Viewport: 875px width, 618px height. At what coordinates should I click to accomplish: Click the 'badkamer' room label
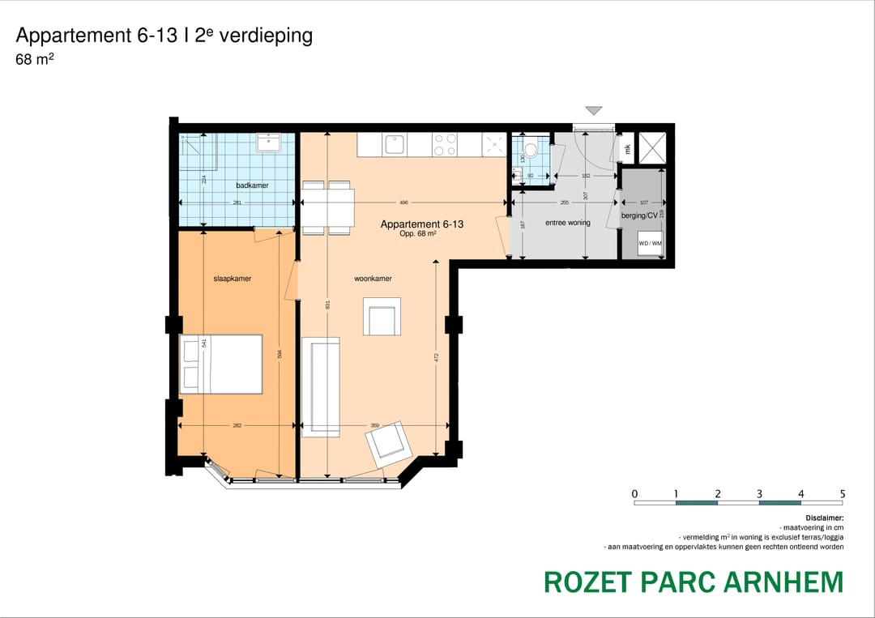pos(252,185)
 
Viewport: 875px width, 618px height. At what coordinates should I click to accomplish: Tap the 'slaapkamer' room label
pos(233,279)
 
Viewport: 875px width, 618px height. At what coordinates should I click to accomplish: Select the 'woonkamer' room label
pos(373,279)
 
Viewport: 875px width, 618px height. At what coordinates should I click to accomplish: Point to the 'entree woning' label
pos(568,223)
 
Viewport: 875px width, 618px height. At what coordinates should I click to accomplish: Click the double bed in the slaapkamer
pos(221,364)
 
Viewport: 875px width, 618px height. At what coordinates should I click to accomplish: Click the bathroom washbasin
pos(268,143)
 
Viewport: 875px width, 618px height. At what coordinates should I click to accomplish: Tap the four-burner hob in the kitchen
pos(445,145)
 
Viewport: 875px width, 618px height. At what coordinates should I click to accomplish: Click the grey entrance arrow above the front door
pos(595,111)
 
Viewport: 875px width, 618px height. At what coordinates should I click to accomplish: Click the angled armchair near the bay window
pos(390,442)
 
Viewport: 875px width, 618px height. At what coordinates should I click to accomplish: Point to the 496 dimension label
pos(403,202)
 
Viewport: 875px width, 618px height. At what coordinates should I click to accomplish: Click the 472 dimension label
pos(436,356)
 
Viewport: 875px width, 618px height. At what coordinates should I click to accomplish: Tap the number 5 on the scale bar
pos(843,493)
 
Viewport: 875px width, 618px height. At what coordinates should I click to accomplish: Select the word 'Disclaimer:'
pos(824,518)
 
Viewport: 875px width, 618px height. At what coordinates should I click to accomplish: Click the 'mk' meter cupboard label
pos(627,148)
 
